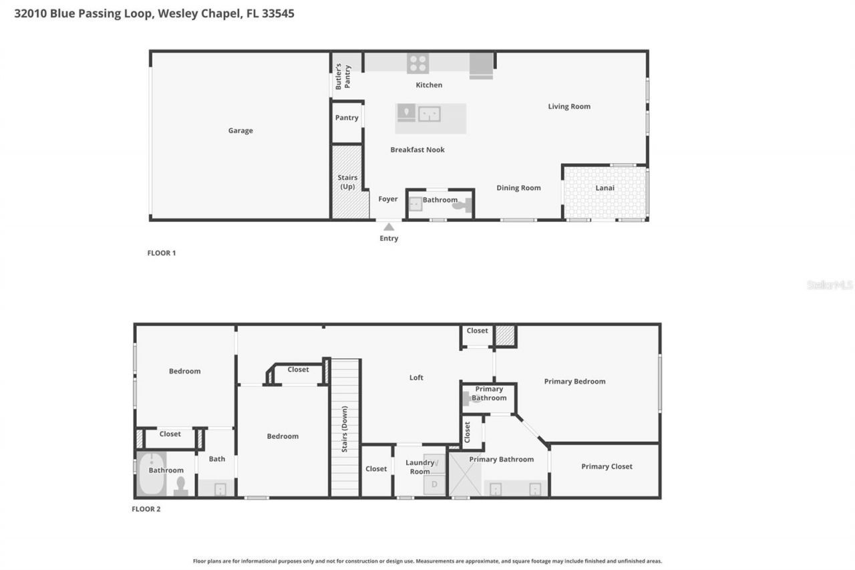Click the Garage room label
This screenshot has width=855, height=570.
[240, 130]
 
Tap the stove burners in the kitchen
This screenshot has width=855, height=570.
[417, 63]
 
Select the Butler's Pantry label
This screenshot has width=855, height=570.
[343, 76]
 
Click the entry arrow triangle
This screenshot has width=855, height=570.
[389, 227]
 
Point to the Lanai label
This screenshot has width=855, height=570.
[605, 188]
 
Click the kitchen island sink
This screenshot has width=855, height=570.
[430, 114]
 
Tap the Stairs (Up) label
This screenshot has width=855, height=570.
[347, 182]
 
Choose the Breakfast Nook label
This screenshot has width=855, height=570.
[417, 150]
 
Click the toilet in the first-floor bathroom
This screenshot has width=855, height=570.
[462, 205]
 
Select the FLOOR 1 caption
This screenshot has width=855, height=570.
[162, 253]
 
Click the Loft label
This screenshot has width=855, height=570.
[416, 378]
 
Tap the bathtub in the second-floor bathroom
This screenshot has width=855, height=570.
[152, 473]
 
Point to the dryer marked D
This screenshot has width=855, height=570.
[434, 484]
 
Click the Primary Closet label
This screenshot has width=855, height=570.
[607, 466]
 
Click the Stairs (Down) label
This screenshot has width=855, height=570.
[344, 429]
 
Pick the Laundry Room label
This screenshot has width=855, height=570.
[420, 467]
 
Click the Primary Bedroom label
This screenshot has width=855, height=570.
[574, 382]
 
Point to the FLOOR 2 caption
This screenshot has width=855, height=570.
[146, 509]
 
